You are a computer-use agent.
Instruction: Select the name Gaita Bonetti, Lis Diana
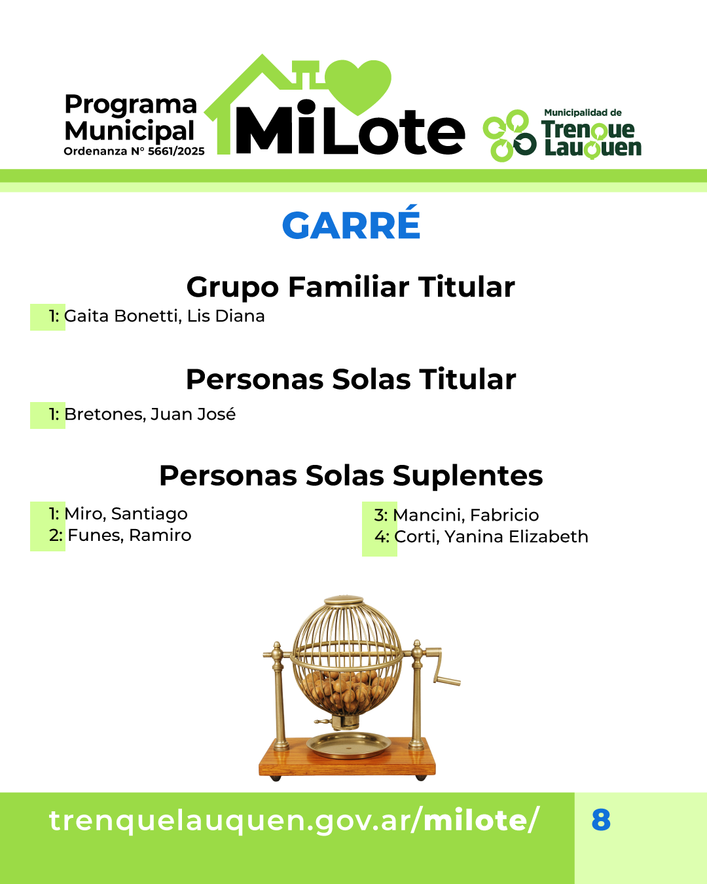point(164,316)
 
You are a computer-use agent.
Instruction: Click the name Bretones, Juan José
point(150,414)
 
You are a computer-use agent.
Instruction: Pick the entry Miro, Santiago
point(126,514)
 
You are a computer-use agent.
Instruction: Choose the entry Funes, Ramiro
point(130,535)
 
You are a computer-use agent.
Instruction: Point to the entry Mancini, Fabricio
point(466,515)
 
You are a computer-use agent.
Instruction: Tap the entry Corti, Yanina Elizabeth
point(492,537)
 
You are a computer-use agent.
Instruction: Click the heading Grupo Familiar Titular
point(350,287)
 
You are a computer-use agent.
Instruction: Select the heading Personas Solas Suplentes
point(352,475)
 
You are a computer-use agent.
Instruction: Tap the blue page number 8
point(601,820)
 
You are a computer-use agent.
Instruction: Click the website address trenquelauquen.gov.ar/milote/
point(294,820)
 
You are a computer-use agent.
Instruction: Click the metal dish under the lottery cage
point(349,745)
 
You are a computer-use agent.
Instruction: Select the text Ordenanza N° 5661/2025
point(134,151)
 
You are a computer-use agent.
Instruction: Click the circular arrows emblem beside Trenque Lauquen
point(509,136)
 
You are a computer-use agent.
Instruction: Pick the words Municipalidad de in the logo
point(583,113)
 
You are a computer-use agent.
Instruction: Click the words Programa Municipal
point(131,117)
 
